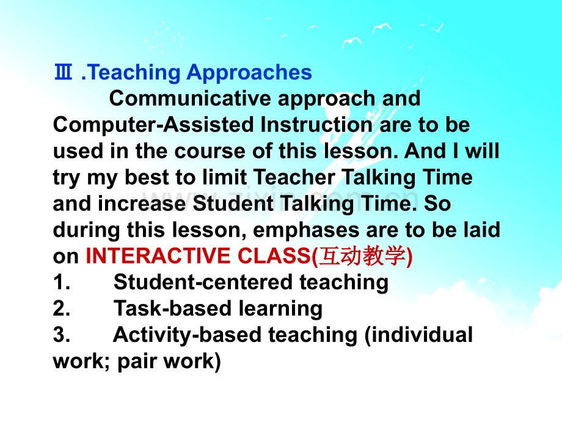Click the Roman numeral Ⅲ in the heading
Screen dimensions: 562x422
(x=64, y=72)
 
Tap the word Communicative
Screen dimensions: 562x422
(x=190, y=98)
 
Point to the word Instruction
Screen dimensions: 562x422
(x=316, y=125)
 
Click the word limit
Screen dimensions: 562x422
(x=224, y=177)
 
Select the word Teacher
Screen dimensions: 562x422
(x=294, y=177)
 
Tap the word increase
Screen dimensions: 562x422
(x=142, y=204)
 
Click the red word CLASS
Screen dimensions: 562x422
(x=274, y=256)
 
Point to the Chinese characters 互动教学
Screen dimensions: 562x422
(x=362, y=256)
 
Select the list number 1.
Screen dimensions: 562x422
(x=61, y=283)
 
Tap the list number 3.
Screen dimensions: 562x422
(x=61, y=335)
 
